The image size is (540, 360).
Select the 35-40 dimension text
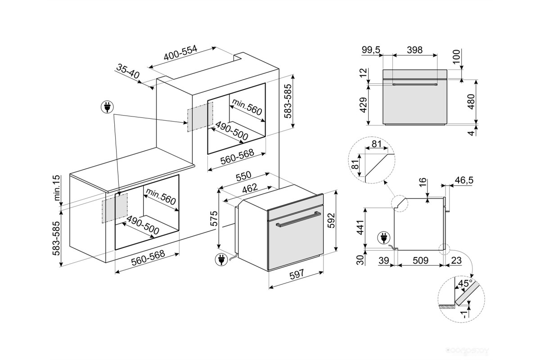pyautogui.click(x=128, y=71)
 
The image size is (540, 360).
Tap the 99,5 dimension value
pyautogui.click(x=371, y=50)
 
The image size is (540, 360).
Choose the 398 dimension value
pyautogui.click(x=414, y=50)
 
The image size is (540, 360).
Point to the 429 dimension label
pyautogui.click(x=364, y=104)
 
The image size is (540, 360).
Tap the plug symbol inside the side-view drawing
pyautogui.click(x=384, y=237)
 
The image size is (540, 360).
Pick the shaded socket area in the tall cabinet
pyautogui.click(x=200, y=117)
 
